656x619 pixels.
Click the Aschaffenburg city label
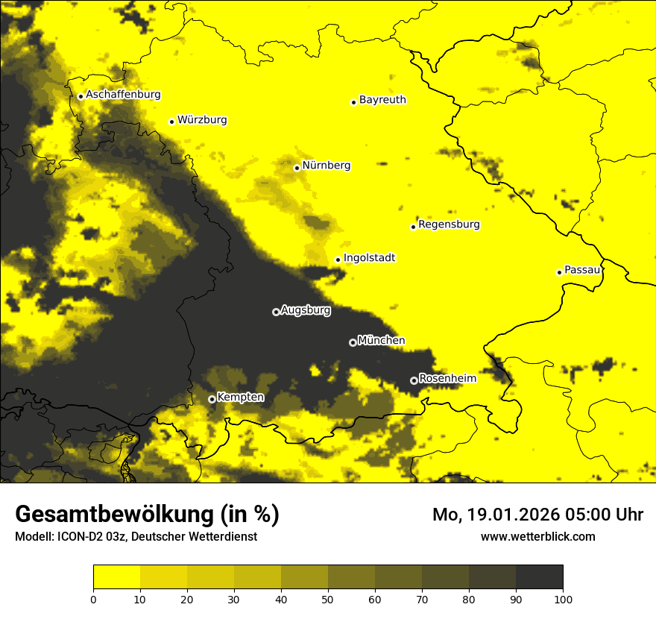pyautogui.click(x=123, y=95)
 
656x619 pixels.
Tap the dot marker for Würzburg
pyautogui.click(x=171, y=122)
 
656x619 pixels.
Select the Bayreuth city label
pyautogui.click(x=382, y=99)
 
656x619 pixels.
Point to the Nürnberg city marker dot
pyautogui.click(x=297, y=168)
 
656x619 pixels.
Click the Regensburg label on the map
pyautogui.click(x=449, y=224)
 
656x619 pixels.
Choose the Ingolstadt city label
pyautogui.click(x=369, y=257)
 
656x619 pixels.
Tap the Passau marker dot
pyautogui.click(x=559, y=272)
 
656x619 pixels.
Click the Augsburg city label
pyautogui.click(x=306, y=309)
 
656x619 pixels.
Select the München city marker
pyautogui.click(x=353, y=342)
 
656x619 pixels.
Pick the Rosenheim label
pyautogui.click(x=447, y=378)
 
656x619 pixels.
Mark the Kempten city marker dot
pyautogui.click(x=212, y=399)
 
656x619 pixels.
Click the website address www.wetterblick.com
pyautogui.click(x=537, y=536)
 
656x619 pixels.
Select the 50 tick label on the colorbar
pyautogui.click(x=328, y=598)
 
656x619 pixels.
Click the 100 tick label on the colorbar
pyautogui.click(x=563, y=598)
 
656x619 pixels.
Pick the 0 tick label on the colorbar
pyautogui.click(x=93, y=598)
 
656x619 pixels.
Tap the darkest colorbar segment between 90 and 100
pyautogui.click(x=539, y=577)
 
